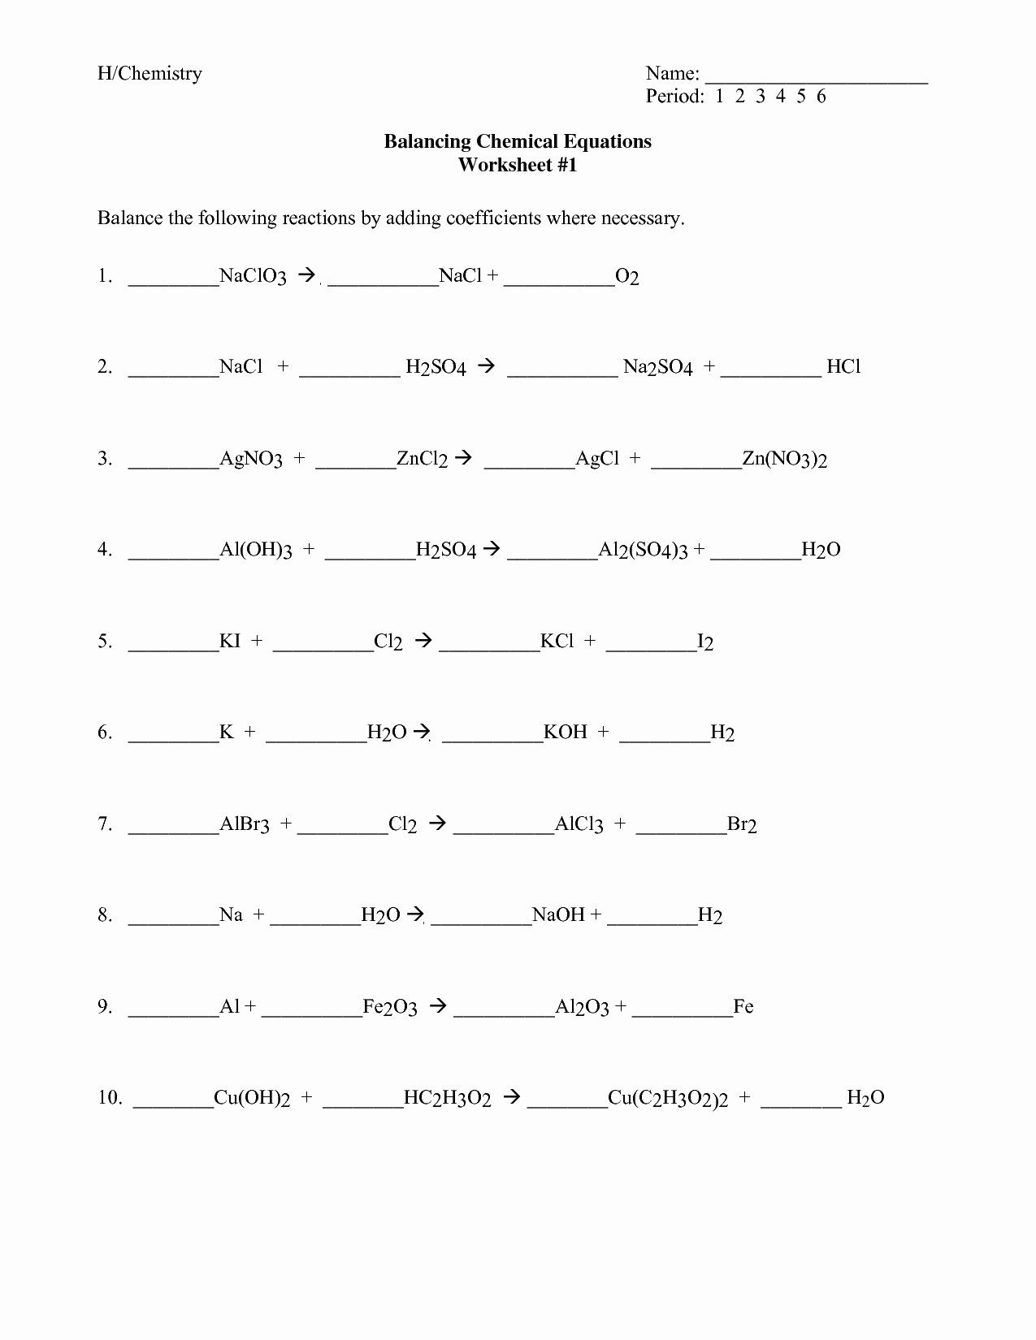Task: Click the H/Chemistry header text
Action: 150,74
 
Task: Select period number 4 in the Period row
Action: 780,97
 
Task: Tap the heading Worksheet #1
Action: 518,165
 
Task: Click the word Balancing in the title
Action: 427,141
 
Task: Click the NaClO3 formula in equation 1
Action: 253,277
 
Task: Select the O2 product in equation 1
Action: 627,278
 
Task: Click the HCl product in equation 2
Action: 843,367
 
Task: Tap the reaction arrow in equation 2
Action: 486,366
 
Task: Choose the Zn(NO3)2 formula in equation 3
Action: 785,460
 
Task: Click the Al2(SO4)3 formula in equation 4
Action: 643,551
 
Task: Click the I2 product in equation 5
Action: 705,642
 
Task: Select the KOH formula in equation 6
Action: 565,733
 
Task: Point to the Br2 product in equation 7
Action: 742,825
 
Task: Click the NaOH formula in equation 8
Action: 558,916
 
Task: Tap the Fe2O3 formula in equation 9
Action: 389,1008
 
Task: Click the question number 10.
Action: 110,1098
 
